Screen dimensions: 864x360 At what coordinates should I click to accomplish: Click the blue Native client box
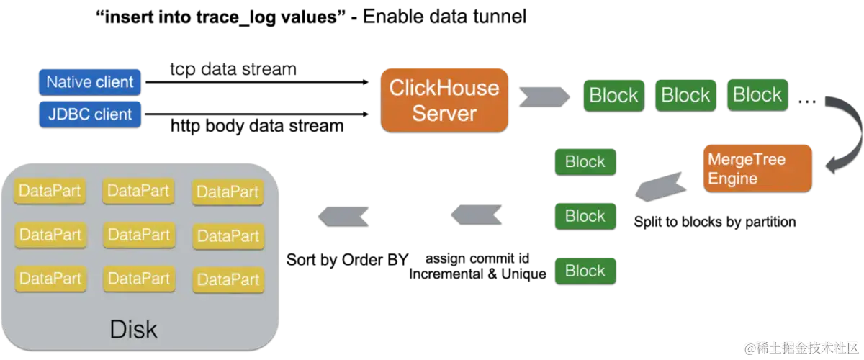(x=89, y=82)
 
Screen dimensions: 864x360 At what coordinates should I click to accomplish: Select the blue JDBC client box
(x=90, y=114)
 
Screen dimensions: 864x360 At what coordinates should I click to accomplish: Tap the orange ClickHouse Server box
(x=444, y=100)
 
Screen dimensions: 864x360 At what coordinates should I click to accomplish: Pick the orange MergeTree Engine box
(x=757, y=168)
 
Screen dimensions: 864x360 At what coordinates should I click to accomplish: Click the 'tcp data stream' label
(x=233, y=69)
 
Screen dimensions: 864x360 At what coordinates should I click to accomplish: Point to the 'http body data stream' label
(x=257, y=126)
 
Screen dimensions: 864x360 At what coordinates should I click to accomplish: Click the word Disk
(x=133, y=329)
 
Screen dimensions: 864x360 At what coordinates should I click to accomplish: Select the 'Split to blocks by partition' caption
(x=715, y=222)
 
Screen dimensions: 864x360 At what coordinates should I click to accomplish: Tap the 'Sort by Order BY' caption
(x=347, y=260)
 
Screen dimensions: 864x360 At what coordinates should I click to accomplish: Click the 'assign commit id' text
(x=477, y=258)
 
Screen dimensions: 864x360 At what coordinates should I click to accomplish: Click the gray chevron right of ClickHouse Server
(x=544, y=96)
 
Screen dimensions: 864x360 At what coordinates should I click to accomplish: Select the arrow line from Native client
(x=257, y=82)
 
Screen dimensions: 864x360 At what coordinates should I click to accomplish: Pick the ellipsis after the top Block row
(x=807, y=102)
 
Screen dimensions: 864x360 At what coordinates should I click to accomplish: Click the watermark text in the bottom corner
(x=801, y=348)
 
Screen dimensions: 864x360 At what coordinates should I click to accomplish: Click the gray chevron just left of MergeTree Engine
(x=661, y=186)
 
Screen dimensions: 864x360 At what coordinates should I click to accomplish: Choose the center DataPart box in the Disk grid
(x=139, y=235)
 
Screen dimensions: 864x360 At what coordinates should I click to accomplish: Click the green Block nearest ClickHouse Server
(x=613, y=95)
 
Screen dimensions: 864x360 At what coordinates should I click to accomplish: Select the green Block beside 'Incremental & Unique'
(x=585, y=271)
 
